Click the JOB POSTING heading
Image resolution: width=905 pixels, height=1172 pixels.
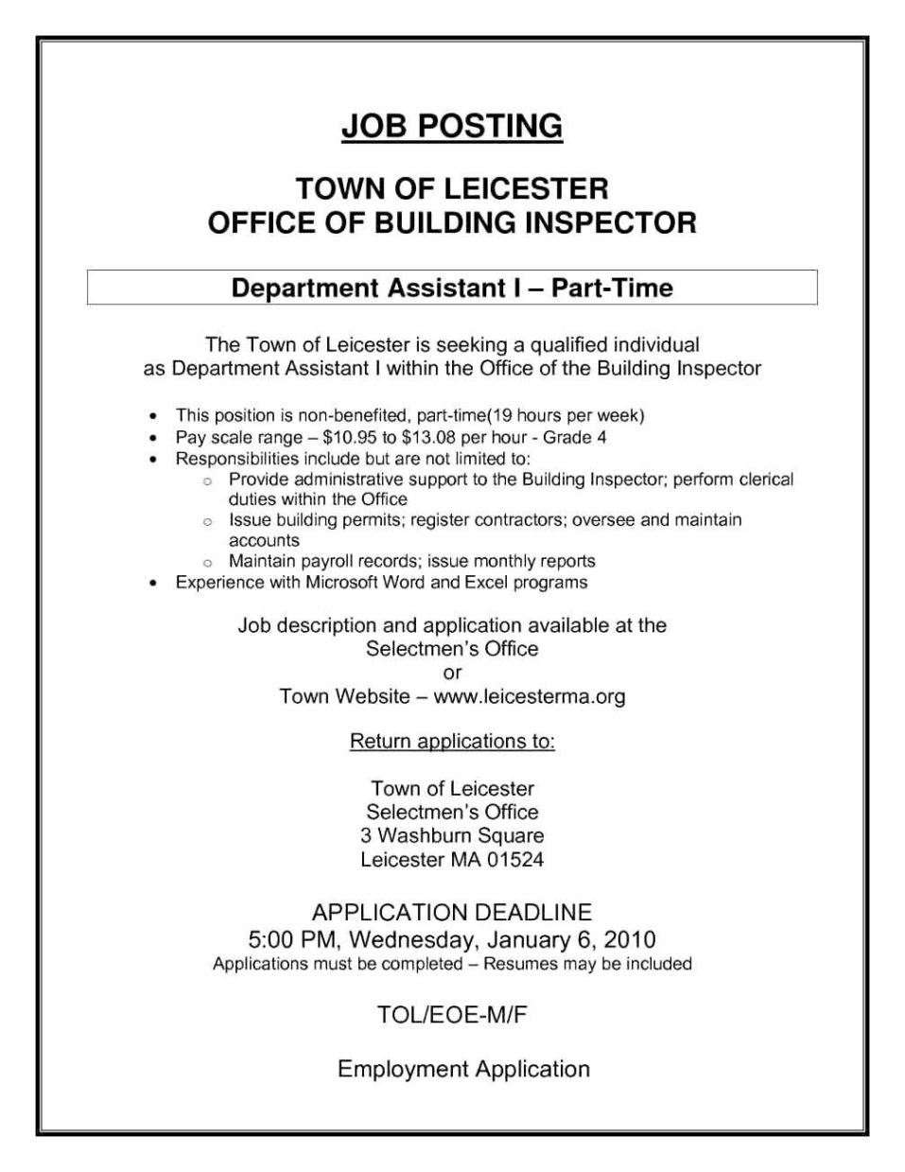point(452,127)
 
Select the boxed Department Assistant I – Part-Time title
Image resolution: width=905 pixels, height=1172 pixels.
point(452,288)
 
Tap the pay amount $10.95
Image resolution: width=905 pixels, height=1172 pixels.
point(350,438)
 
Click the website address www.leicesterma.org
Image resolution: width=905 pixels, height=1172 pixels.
point(530,697)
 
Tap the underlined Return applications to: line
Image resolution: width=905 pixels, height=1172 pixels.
point(452,742)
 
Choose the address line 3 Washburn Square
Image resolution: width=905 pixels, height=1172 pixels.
point(452,836)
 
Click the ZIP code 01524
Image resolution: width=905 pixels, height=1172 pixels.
point(515,860)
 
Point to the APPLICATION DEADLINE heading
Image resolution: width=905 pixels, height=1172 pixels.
point(452,913)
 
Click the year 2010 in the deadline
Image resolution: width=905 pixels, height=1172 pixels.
point(629,940)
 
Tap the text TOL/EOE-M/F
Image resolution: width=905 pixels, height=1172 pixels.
point(452,1016)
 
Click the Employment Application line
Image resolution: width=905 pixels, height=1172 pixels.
point(463,1070)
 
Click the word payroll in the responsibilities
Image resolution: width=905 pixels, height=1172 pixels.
point(327,561)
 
